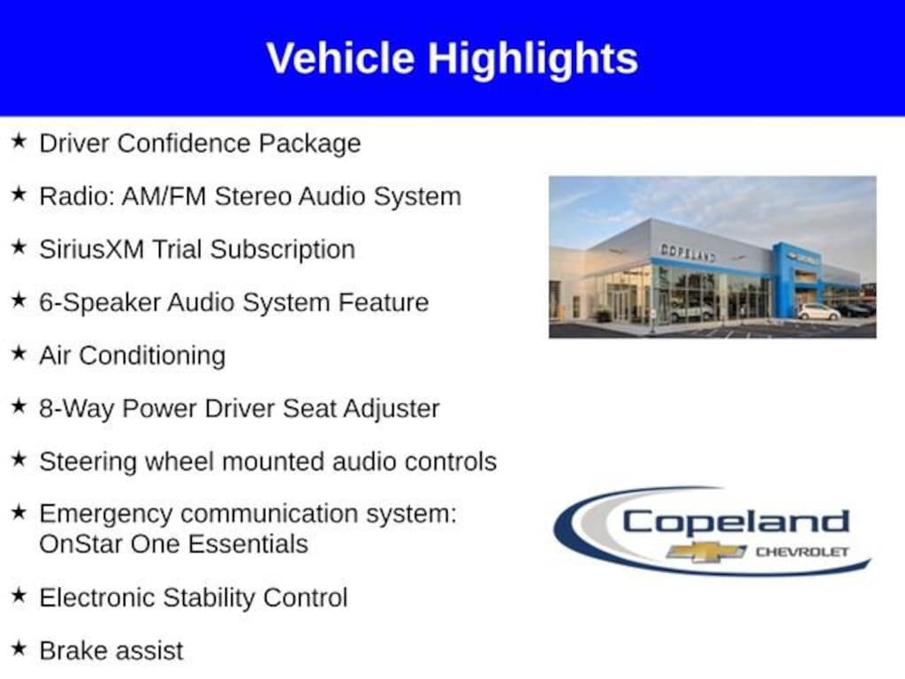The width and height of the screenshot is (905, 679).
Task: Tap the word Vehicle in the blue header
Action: point(340,58)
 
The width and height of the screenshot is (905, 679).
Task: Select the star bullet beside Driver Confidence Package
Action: point(19,141)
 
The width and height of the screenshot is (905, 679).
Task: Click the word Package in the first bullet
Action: point(309,144)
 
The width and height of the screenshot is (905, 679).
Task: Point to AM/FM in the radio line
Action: point(164,196)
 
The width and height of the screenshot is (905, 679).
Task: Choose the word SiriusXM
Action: point(92,249)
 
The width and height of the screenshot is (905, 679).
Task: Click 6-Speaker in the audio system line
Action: point(99,303)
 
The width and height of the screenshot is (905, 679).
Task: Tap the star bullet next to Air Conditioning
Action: point(19,353)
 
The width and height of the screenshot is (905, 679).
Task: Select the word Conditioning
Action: point(152,356)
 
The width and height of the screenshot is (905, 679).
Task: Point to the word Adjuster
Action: point(392,409)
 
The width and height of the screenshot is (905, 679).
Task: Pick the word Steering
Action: point(87,462)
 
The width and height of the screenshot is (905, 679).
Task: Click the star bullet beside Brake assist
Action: point(19,648)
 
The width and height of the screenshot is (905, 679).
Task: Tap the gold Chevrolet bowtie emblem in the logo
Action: point(706,552)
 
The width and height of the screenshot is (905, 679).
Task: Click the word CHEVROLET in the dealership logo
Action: point(802,552)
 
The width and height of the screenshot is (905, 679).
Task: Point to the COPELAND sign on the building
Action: point(688,252)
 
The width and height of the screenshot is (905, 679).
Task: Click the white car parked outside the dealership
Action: point(819,312)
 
